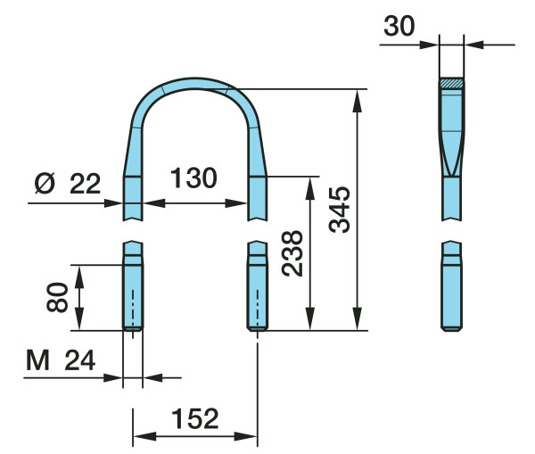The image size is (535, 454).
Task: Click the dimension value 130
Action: coord(193,177)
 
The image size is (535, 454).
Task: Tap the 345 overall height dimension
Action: coord(340,210)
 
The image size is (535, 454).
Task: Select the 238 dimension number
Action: coord(292,253)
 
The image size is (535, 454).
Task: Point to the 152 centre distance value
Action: coord(194,418)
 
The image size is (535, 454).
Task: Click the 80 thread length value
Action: coord(57,297)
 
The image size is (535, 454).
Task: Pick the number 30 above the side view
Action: coord(399,26)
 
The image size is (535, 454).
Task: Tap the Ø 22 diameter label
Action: coord(68,184)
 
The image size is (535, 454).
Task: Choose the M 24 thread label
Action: coord(61,360)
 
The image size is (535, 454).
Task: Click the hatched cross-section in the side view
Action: coord(451,83)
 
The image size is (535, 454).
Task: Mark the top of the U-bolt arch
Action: coord(195,83)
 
